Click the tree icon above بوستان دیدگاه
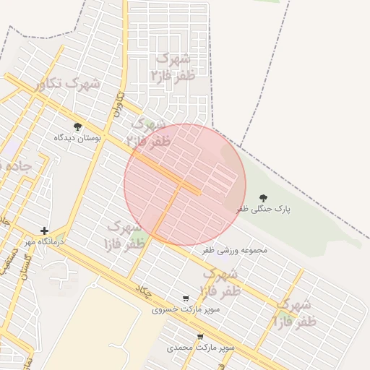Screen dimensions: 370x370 [x=78, y=126]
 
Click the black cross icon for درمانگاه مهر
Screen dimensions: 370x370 [x=44, y=231]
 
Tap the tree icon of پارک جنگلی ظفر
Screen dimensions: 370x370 [x=263, y=197]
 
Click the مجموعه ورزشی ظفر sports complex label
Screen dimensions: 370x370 [x=234, y=250]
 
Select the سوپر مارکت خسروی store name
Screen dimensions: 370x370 [x=186, y=309]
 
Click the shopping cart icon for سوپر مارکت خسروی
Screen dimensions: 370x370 [x=186, y=298]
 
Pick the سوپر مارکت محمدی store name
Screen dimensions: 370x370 [x=201, y=348]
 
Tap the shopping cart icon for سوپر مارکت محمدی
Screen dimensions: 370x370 [x=200, y=336]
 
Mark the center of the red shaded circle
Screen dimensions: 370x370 [x=185, y=184]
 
